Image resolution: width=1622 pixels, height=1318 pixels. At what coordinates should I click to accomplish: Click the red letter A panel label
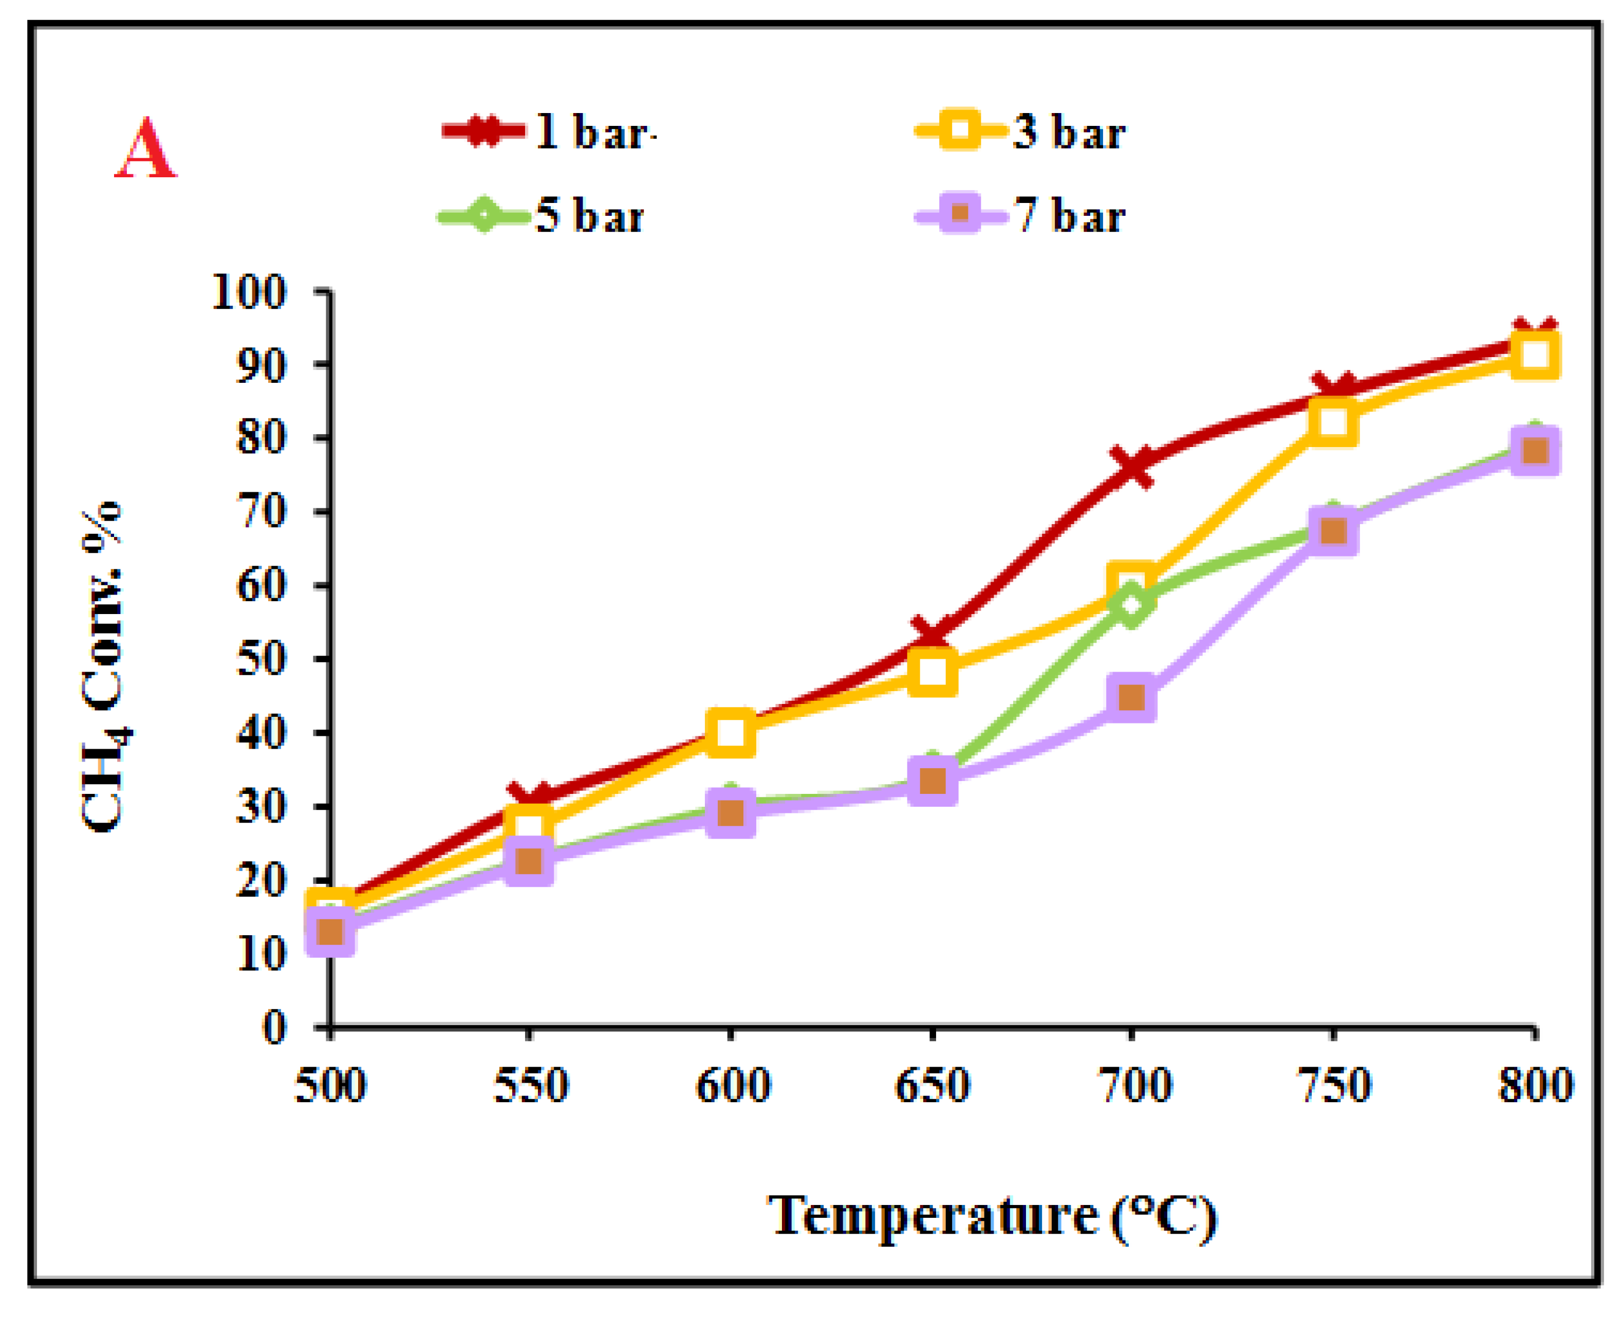pyautogui.click(x=146, y=150)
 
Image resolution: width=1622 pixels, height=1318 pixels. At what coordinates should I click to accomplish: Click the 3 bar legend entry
pyautogui.click(x=1021, y=132)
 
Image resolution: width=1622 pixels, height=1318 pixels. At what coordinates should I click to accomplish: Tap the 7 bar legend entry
pyautogui.click(x=1021, y=216)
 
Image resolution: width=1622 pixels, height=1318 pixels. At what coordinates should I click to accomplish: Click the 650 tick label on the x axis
pyautogui.click(x=932, y=1086)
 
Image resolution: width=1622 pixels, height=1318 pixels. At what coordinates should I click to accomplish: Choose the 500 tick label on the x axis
pyautogui.click(x=330, y=1086)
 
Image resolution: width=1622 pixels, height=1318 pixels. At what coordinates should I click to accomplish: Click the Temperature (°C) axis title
pyautogui.click(x=992, y=1216)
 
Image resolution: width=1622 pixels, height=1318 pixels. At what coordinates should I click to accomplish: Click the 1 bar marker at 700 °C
pyautogui.click(x=1131, y=466)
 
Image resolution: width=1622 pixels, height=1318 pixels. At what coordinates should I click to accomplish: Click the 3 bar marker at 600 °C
pyautogui.click(x=730, y=733)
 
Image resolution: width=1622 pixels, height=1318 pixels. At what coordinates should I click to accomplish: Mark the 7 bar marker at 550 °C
pyautogui.click(x=529, y=861)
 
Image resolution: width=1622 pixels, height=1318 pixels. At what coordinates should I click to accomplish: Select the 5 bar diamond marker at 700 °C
pyautogui.click(x=1131, y=604)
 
